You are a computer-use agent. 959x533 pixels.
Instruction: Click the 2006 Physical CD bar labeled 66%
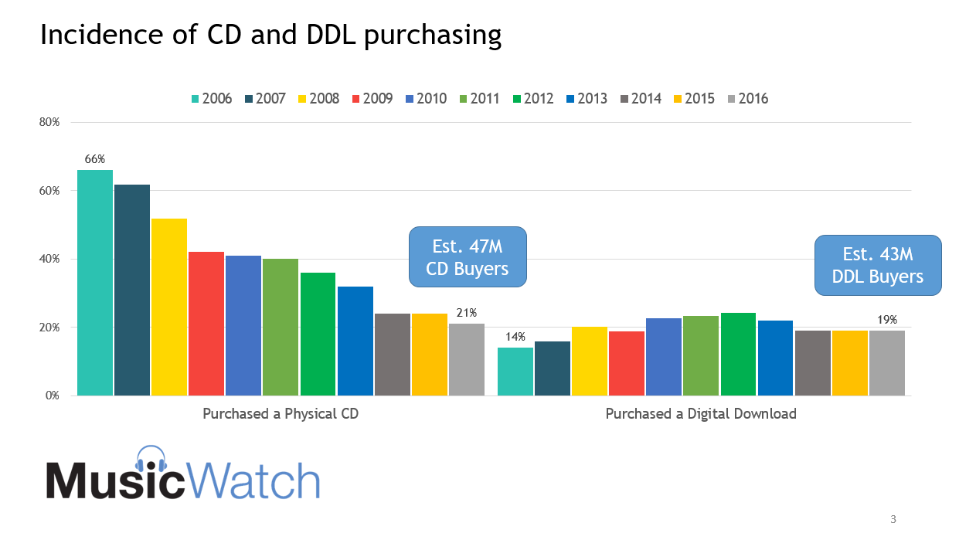(x=95, y=282)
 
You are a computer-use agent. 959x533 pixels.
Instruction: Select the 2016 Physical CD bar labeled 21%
(x=467, y=359)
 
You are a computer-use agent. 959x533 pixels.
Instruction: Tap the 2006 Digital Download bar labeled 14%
(x=515, y=372)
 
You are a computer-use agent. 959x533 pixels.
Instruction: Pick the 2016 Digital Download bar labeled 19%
(x=887, y=363)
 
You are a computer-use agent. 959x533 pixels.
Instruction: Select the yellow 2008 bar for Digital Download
(x=590, y=361)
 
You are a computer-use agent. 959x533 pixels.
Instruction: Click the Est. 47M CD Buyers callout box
(x=467, y=257)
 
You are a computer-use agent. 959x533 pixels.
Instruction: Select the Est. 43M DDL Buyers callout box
(x=878, y=265)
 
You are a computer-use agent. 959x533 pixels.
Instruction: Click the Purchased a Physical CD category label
(x=281, y=414)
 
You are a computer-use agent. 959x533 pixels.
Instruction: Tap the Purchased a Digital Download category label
(x=700, y=414)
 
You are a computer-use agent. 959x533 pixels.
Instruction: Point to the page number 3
(x=893, y=518)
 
